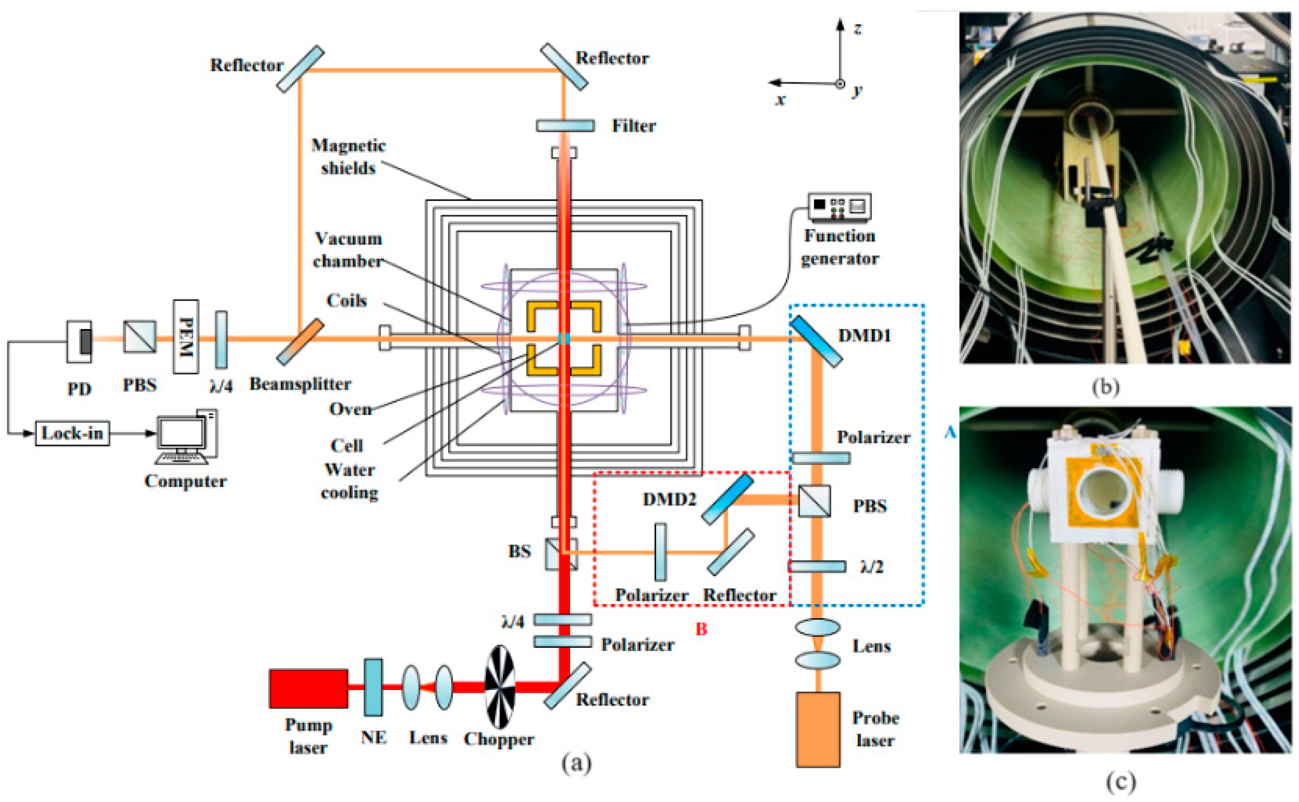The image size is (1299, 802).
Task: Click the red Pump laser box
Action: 308,688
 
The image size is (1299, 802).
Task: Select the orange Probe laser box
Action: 818,729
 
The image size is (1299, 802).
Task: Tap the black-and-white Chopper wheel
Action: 500,687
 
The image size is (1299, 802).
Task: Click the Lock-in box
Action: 72,433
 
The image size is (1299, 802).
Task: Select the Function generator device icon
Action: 839,207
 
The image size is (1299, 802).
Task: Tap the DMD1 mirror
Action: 816,341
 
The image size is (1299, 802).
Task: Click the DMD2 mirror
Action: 727,499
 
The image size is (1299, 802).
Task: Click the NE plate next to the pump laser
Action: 373,687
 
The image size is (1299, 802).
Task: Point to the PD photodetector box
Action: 80,341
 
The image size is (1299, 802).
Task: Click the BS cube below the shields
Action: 561,554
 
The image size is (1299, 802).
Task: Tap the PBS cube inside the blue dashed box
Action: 814,501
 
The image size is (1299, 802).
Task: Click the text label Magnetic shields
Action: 348,156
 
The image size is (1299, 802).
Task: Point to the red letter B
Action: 701,629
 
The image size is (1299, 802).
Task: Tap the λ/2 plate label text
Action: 871,567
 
